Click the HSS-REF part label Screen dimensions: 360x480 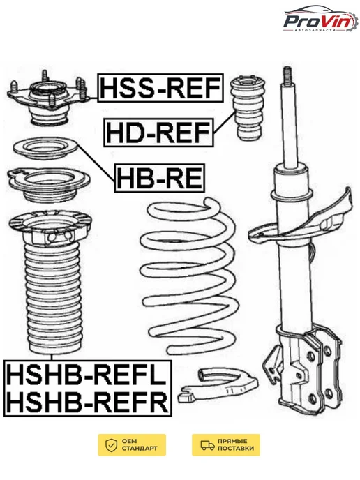click(160, 87)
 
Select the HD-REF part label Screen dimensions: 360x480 click(158, 133)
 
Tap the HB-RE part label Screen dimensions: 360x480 click(160, 178)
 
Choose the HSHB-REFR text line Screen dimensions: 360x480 click(87, 401)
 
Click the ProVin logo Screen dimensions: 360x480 click(320, 20)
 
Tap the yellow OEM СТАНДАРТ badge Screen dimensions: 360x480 click(132, 445)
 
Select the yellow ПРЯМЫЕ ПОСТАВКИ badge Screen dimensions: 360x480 click(226, 445)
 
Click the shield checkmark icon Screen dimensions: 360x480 click(112, 445)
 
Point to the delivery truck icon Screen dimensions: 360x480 click(207, 445)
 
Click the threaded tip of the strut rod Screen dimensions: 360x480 click(287, 75)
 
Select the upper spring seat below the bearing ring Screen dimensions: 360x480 click(48, 185)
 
